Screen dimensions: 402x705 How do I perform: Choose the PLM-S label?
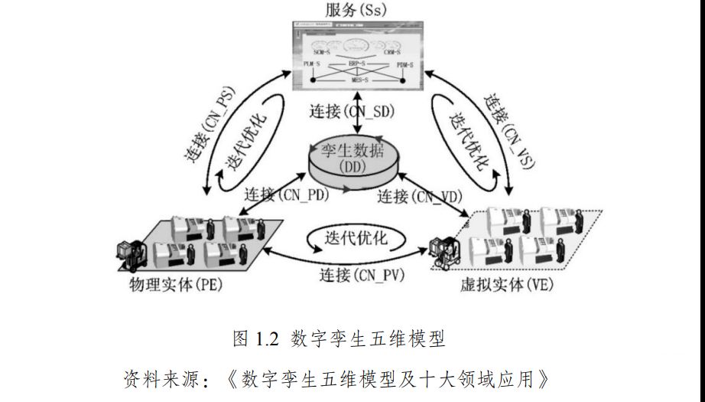click(310, 64)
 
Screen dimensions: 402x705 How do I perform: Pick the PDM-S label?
click(405, 64)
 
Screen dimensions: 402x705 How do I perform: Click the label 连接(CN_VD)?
click(420, 196)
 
